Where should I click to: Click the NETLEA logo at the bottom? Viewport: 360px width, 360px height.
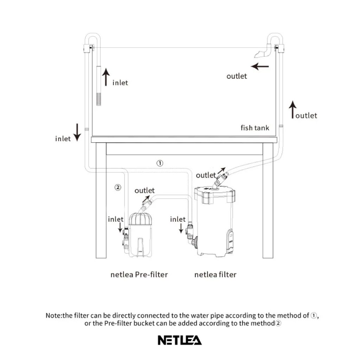[180, 340]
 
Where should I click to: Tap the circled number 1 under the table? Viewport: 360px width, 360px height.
[160, 163]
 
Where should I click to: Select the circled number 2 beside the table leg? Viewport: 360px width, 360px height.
[118, 187]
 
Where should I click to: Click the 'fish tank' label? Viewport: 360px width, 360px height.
[255, 128]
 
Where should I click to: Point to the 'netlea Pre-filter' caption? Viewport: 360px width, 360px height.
[139, 274]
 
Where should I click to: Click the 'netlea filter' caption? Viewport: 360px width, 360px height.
[215, 274]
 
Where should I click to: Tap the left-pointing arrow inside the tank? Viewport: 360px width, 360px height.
[260, 66]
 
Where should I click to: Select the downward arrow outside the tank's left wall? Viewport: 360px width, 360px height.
[77, 131]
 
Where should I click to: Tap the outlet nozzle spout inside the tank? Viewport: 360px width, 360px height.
[260, 54]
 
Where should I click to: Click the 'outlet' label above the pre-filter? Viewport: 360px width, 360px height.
[144, 191]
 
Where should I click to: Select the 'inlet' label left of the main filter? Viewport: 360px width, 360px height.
[178, 219]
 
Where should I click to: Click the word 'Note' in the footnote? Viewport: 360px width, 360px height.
[53, 315]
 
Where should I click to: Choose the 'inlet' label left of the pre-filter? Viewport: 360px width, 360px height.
[116, 219]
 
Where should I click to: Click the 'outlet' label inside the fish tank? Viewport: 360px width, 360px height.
[237, 76]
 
